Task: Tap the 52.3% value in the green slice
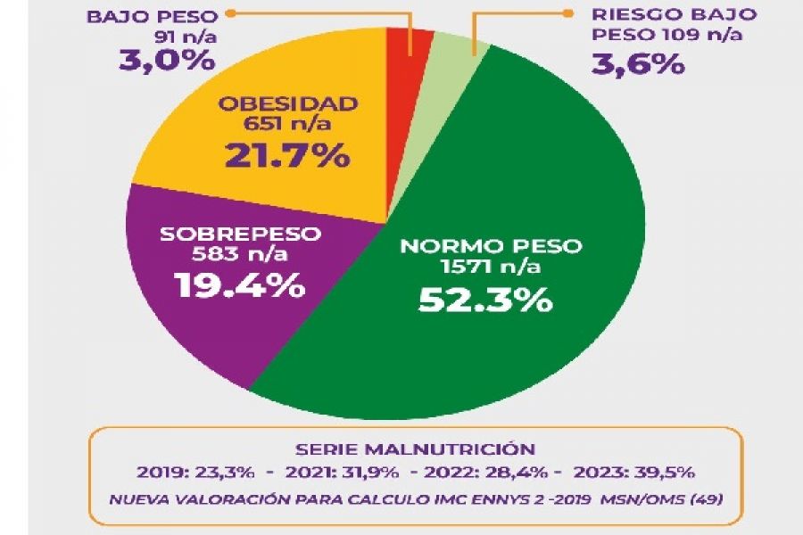(486, 300)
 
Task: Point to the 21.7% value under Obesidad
(287, 155)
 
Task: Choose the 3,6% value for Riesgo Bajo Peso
(635, 64)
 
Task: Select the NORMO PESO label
(490, 246)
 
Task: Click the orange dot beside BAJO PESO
(230, 14)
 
